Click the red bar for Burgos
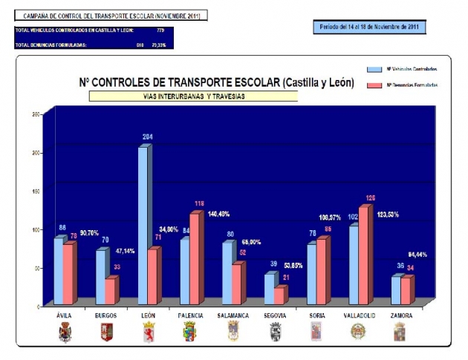coord(110,290)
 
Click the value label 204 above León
coord(147,137)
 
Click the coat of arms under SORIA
coord(315,332)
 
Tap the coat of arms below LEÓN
coord(147,332)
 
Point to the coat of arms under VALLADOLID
coord(357,332)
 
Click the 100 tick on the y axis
coord(35,229)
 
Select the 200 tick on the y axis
coord(35,152)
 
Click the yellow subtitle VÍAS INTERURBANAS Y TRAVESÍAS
coord(193,96)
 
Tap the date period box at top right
coord(368,27)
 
